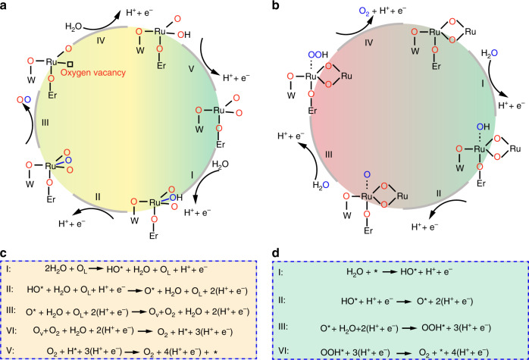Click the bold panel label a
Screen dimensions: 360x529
(x=7, y=7)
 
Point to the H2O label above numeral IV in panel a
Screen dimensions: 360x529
(x=77, y=23)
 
